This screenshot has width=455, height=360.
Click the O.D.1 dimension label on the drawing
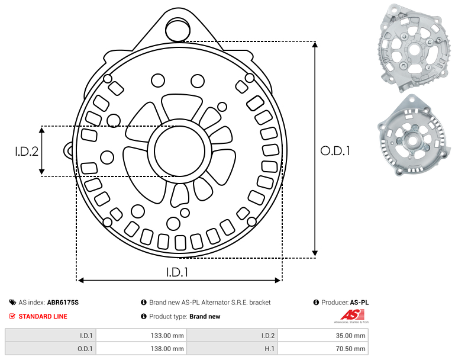pyautogui.click(x=335, y=151)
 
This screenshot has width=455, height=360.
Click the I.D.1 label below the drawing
pyautogui.click(x=178, y=272)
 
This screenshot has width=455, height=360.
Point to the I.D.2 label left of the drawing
pyautogui.click(x=27, y=151)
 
